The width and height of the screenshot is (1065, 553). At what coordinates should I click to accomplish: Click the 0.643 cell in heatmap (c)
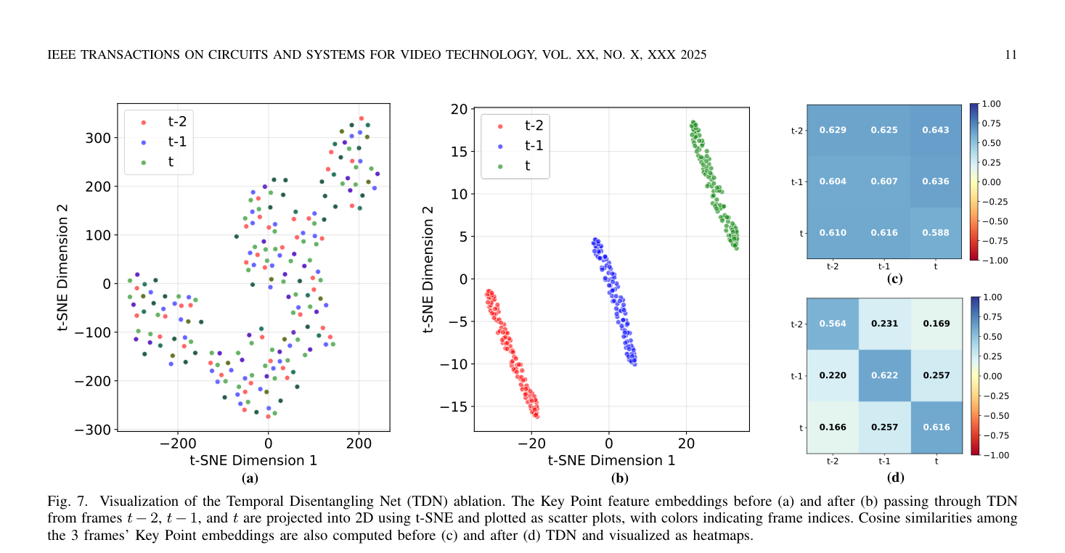pyautogui.click(x=936, y=130)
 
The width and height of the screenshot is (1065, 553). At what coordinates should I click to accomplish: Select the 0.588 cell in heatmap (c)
pyautogui.click(x=936, y=233)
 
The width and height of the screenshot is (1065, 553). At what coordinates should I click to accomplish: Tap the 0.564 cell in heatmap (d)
pyautogui.click(x=833, y=324)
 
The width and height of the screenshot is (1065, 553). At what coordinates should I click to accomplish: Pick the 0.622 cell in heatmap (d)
pyautogui.click(x=885, y=376)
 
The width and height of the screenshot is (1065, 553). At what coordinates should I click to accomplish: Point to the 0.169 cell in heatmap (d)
pyautogui.click(x=937, y=324)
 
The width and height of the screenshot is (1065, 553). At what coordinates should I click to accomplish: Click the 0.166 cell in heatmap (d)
pyautogui.click(x=833, y=427)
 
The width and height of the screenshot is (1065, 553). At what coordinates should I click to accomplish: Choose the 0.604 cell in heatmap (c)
pyautogui.click(x=833, y=181)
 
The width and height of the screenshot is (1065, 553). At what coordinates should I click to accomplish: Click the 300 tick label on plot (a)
pyautogui.click(x=98, y=138)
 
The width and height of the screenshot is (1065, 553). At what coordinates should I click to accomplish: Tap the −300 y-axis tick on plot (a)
pyautogui.click(x=93, y=430)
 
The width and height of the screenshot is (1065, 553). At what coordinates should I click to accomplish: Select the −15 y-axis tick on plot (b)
pyautogui.click(x=454, y=406)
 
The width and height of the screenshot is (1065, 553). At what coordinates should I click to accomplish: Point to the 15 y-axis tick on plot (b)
pyautogui.click(x=460, y=152)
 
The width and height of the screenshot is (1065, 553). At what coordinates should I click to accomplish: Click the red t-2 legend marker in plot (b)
pyautogui.click(x=499, y=126)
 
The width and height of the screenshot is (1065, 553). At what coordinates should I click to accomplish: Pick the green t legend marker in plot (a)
pyautogui.click(x=144, y=163)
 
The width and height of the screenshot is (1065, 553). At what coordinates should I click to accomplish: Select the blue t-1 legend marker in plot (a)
pyautogui.click(x=144, y=142)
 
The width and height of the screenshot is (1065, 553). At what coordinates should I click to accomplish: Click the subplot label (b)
pyautogui.click(x=619, y=478)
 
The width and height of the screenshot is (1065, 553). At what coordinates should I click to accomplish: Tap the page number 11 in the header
pyautogui.click(x=1011, y=55)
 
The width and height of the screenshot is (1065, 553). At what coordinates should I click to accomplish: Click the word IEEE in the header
pyautogui.click(x=61, y=55)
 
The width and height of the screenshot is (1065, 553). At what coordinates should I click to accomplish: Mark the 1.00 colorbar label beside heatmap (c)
pyautogui.click(x=991, y=104)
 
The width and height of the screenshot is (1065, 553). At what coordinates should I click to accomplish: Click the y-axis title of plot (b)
pyautogui.click(x=428, y=269)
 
